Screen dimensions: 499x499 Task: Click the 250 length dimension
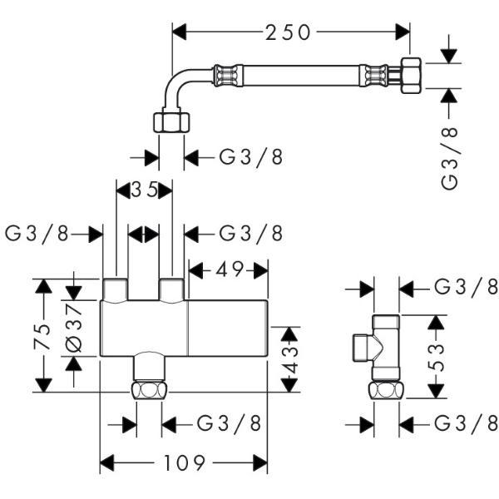click(x=288, y=32)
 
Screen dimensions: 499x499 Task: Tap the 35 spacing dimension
click(x=145, y=190)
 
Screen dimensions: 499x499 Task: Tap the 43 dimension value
click(x=289, y=358)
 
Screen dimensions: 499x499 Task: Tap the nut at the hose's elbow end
click(x=171, y=122)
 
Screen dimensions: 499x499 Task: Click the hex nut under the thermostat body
click(x=149, y=391)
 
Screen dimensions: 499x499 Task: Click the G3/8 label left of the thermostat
click(x=38, y=234)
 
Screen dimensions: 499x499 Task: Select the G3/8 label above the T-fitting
click(x=467, y=288)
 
